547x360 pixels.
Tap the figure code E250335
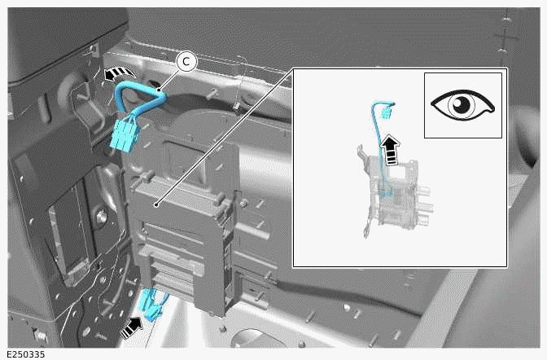[24, 354]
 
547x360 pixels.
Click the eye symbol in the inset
[462, 105]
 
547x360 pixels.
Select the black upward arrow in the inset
[393, 151]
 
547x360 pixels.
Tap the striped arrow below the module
[130, 328]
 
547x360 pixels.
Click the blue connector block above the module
[125, 135]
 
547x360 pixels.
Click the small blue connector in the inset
[384, 108]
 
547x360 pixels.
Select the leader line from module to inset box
[224, 134]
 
